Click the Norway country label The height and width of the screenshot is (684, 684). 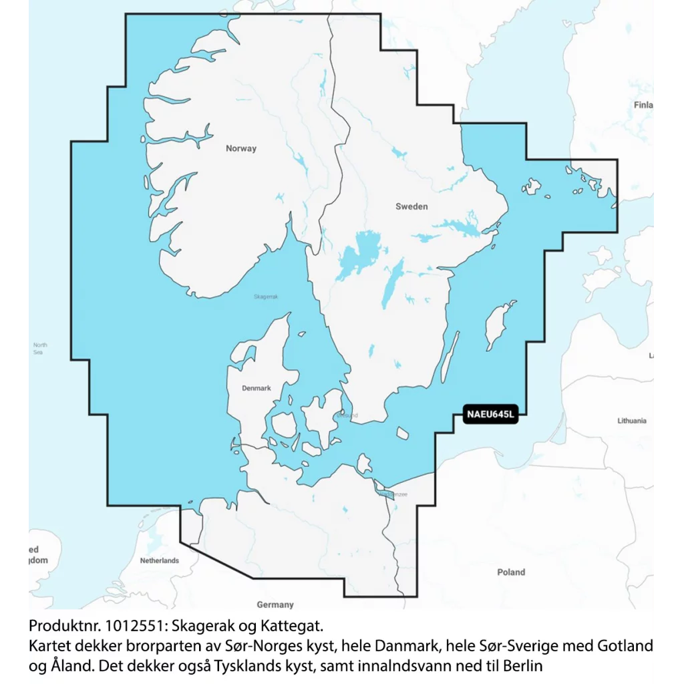pos(241,148)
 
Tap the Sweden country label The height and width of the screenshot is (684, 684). pos(411,206)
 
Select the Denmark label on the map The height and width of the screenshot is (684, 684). pos(256,388)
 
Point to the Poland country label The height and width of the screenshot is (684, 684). pos(511,572)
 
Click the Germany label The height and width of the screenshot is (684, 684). pos(275,605)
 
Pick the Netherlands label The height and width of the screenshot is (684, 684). pos(159,560)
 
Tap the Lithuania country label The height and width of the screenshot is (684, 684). pos(631,421)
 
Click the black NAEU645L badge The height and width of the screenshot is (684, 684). pos(490,415)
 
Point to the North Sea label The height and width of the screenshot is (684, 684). pos(40,348)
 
